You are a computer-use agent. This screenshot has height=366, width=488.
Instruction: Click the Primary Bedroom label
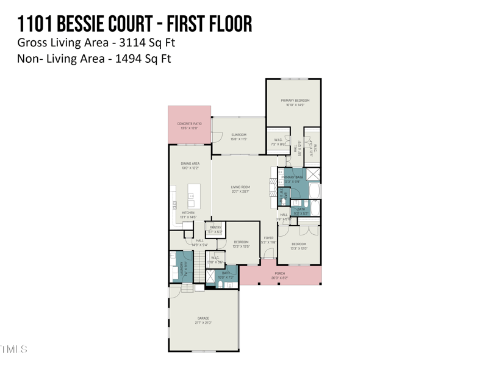pos(295,101)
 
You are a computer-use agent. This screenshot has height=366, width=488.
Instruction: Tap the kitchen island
pos(193,196)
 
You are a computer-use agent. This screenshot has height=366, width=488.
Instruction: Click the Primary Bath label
pos(293,178)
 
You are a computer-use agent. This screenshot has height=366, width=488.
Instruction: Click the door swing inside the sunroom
pos(217,138)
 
